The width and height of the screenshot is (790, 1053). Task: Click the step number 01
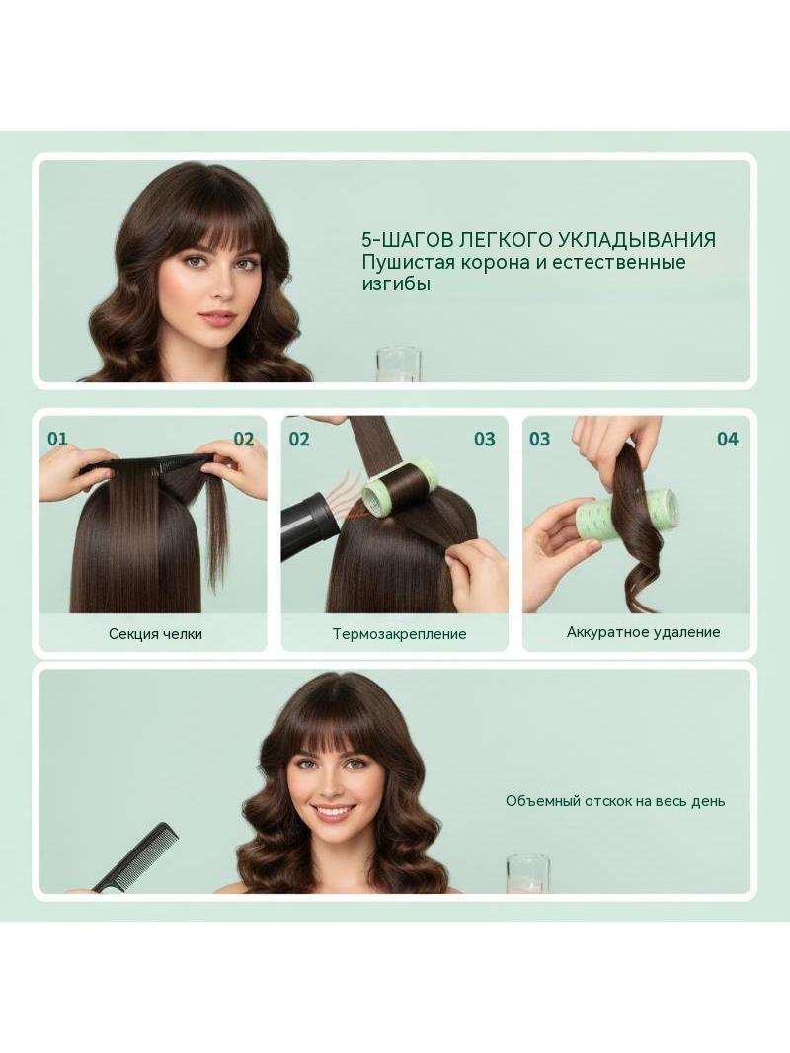tap(57, 440)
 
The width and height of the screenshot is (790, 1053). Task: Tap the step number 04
tap(728, 440)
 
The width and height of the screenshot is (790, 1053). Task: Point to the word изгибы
tap(396, 284)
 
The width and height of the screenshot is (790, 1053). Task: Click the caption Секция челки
tap(155, 633)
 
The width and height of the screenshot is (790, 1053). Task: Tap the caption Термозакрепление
tap(399, 634)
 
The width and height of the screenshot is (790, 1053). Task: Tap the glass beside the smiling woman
tap(527, 874)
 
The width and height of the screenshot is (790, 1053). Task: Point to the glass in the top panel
tap(399, 364)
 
